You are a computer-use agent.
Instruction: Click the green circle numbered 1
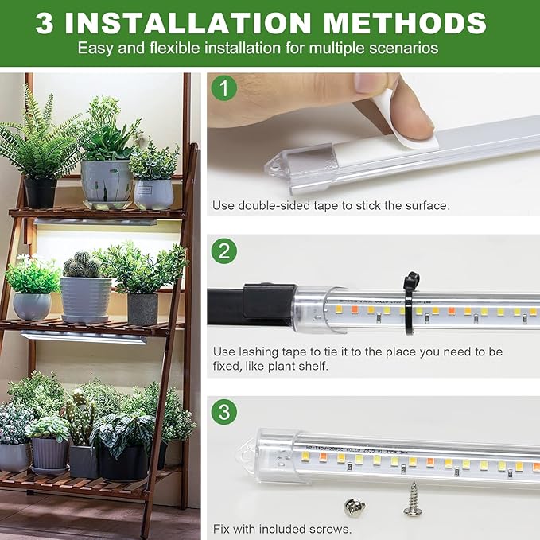(x=223, y=88)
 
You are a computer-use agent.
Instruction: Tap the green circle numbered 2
(x=223, y=252)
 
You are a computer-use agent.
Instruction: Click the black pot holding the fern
(x=40, y=192)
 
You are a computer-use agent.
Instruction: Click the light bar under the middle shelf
(x=84, y=337)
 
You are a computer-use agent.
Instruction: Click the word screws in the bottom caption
(x=331, y=528)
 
